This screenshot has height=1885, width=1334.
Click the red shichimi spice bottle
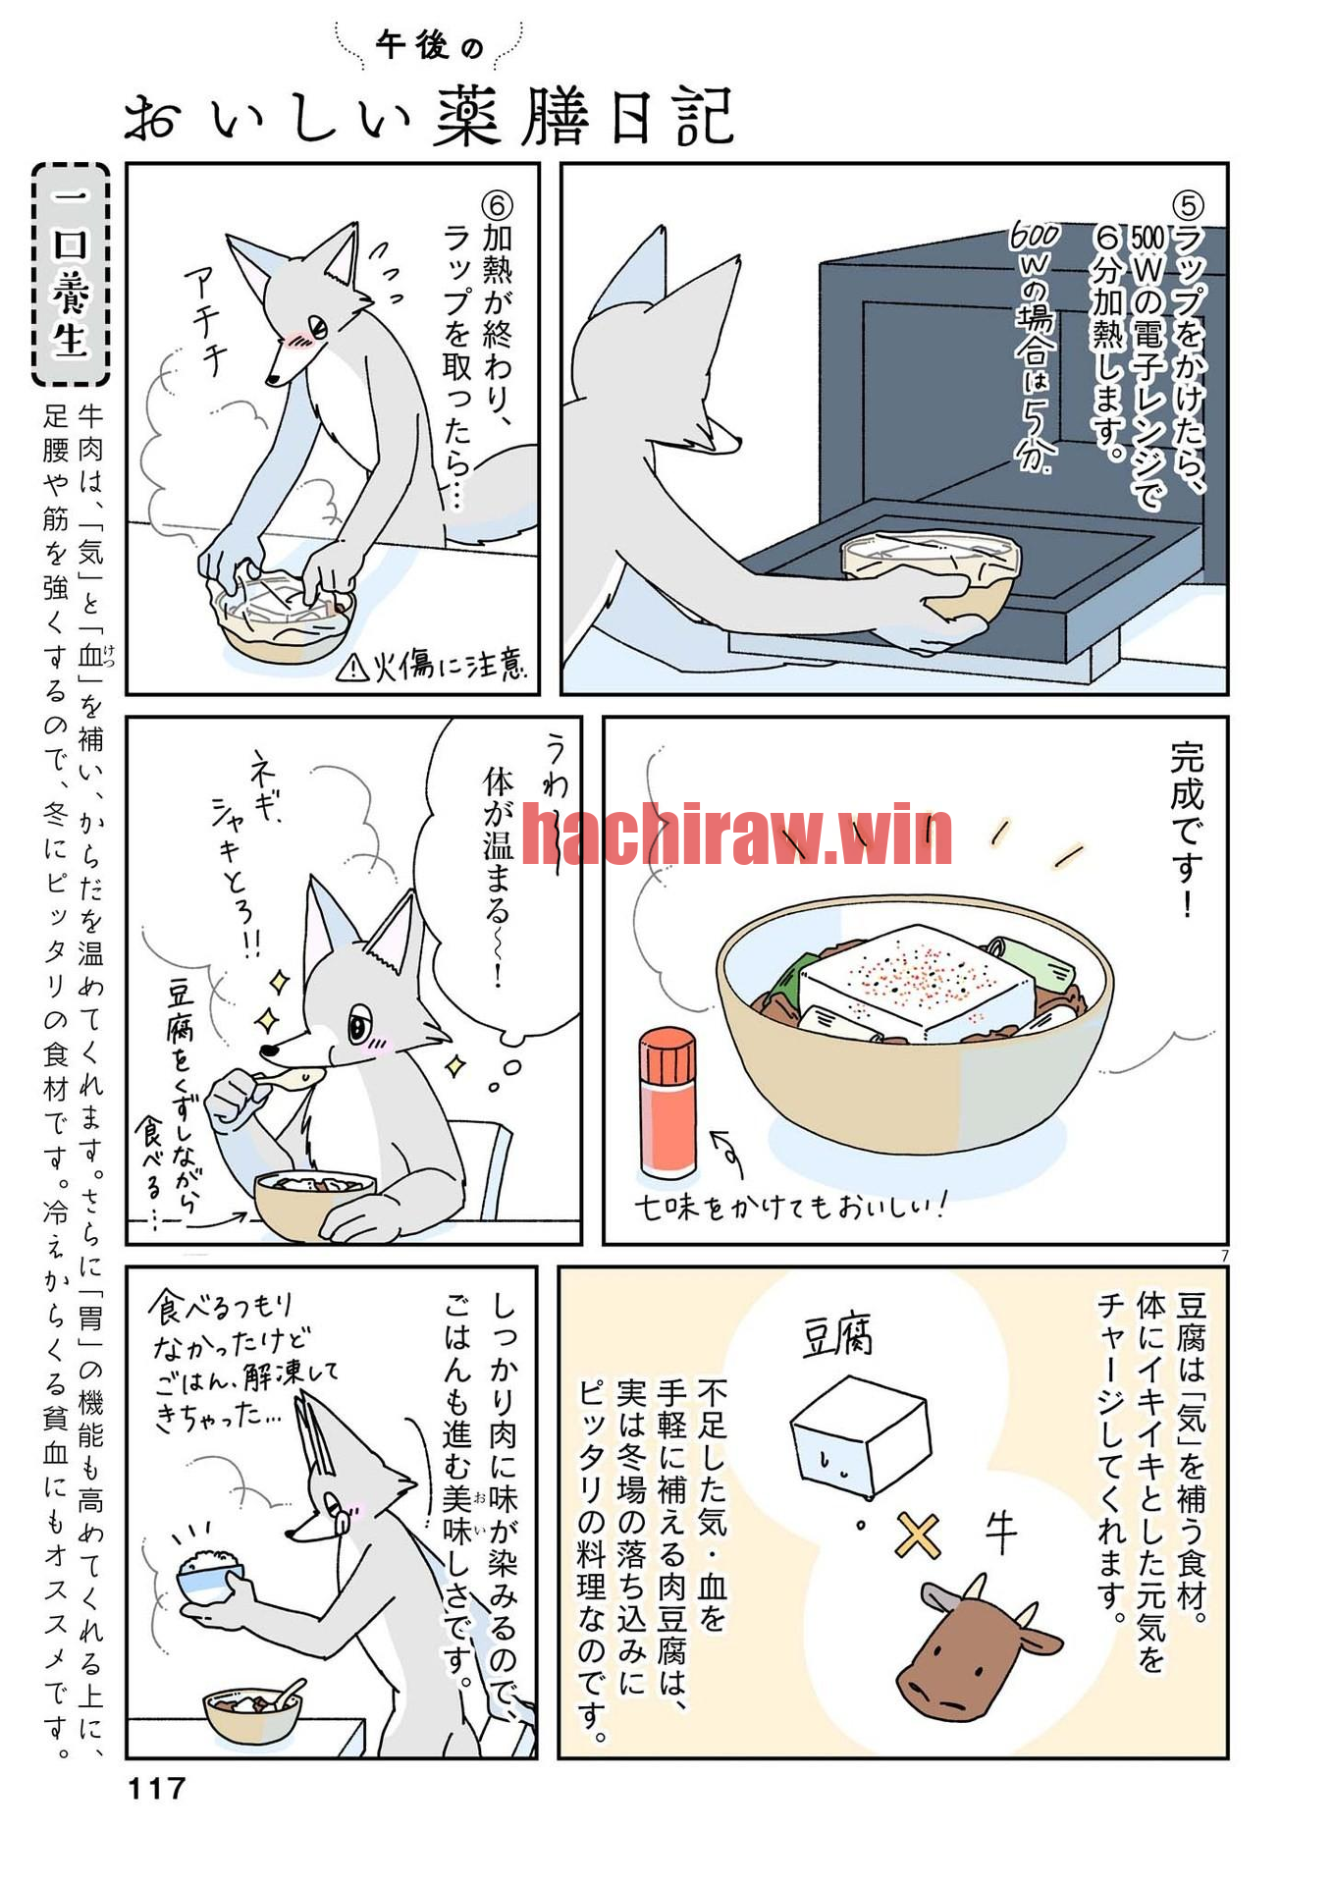tap(667, 1102)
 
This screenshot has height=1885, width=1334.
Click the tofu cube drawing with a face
tap(860, 1438)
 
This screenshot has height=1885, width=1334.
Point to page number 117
tap(157, 1788)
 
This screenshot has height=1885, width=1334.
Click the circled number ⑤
tap(1189, 204)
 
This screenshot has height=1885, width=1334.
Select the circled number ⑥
tap(498, 204)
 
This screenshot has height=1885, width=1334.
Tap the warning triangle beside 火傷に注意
tap(352, 668)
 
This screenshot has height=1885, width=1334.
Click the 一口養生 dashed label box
tap(71, 274)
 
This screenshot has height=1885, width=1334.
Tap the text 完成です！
tap(1187, 830)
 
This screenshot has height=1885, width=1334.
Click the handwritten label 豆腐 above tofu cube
tap(837, 1335)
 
